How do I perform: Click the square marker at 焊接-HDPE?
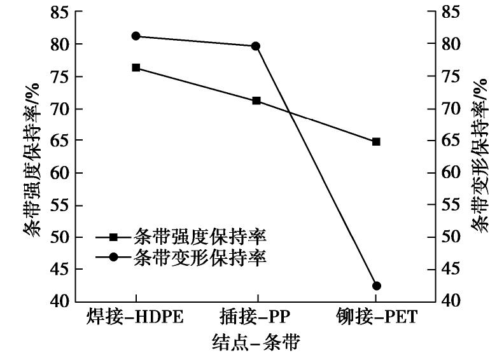click(136, 67)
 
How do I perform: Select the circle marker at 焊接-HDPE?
click(136, 36)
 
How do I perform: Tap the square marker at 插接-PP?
click(256, 100)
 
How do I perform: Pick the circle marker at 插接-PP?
click(256, 46)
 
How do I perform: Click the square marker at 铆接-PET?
click(376, 142)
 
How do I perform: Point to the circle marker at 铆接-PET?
click(376, 286)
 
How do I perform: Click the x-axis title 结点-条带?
click(255, 344)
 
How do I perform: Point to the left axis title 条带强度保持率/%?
click(32, 156)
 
